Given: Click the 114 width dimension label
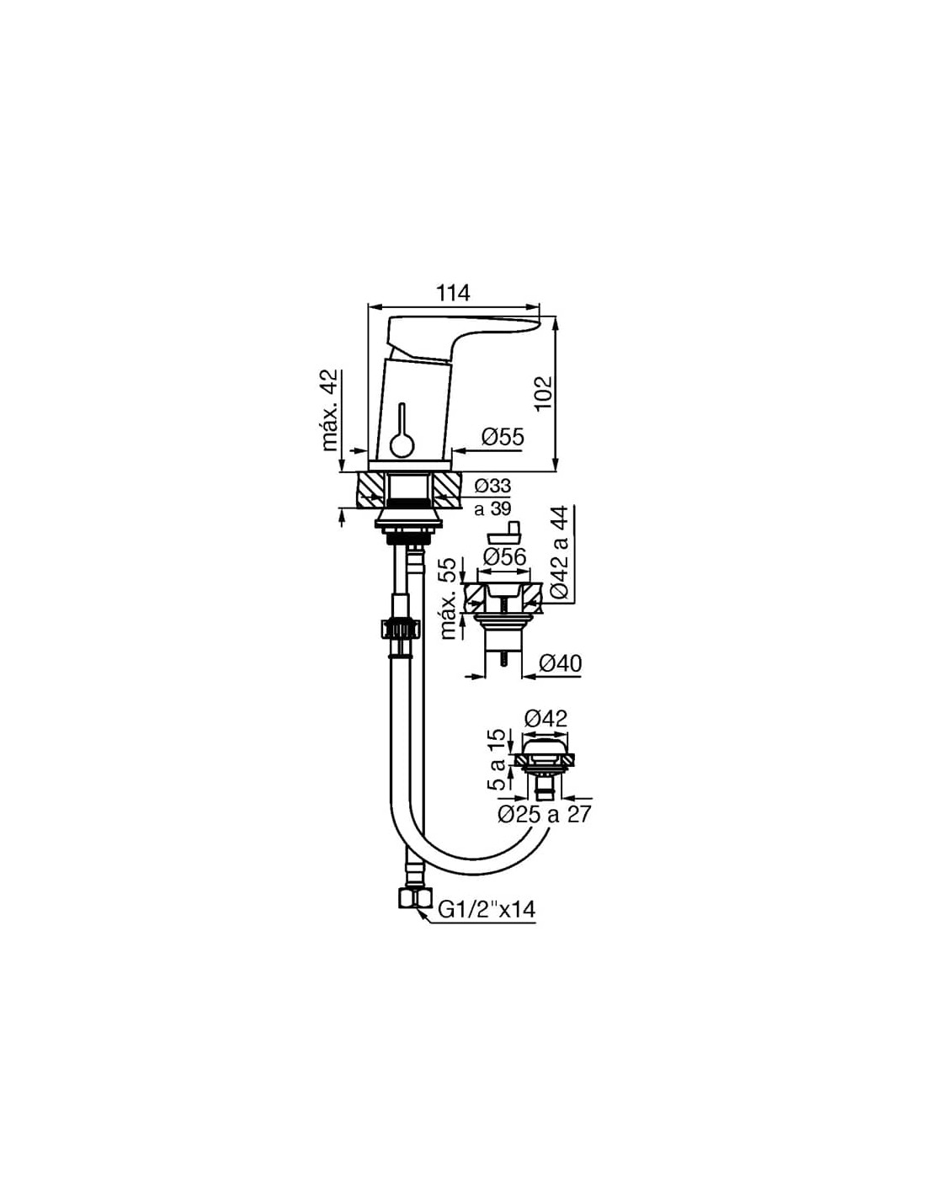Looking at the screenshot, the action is [454, 293].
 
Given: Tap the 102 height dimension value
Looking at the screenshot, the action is [543, 393].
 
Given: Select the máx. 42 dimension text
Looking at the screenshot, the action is [329, 411].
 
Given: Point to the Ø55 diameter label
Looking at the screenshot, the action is [503, 438].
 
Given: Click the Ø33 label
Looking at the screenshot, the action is [492, 486].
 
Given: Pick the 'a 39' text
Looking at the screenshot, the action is [492, 509].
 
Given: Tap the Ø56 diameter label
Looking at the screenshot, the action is [504, 557].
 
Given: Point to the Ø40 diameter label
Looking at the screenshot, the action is [560, 663].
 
